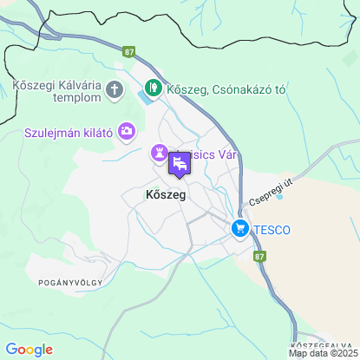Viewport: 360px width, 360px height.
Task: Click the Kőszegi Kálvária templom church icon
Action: point(114,88)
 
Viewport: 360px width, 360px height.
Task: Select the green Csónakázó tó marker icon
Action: point(153,87)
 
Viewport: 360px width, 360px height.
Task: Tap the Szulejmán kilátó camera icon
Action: point(128,130)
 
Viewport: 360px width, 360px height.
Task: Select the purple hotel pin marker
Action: point(180,163)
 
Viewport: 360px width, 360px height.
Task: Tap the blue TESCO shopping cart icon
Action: point(239,229)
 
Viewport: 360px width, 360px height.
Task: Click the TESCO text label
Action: point(271,230)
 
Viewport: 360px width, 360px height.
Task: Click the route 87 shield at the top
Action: point(130,52)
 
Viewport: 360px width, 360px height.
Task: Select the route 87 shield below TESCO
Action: point(259,256)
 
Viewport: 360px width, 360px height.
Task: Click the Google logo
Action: point(29,349)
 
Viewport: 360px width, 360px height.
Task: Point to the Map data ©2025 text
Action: point(323,353)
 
